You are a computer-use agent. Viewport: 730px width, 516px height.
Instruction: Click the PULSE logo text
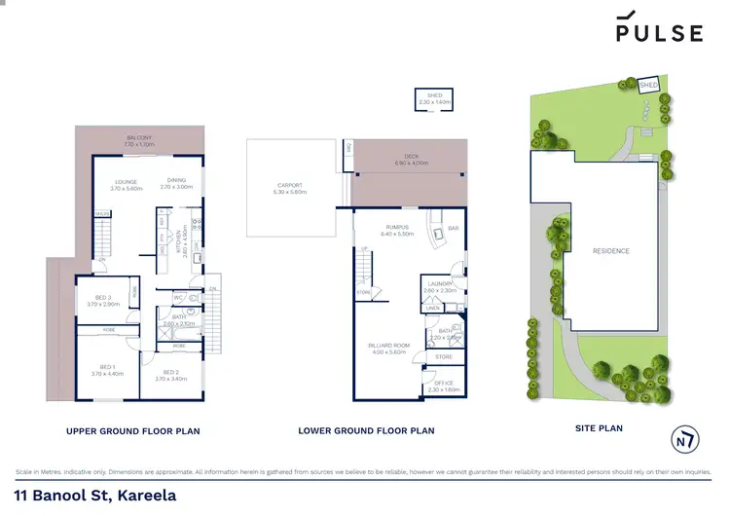(659, 32)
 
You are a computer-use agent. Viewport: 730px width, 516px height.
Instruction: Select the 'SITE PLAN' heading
(599, 427)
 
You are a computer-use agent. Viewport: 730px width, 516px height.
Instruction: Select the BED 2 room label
(169, 372)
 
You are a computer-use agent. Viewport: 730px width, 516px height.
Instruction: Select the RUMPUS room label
(399, 230)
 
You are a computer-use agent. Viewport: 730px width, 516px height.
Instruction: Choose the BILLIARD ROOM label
(386, 347)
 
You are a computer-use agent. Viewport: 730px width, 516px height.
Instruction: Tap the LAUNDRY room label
(439, 286)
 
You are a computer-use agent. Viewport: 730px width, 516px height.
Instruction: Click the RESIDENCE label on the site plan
(611, 251)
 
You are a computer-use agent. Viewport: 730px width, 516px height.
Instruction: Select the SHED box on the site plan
(649, 86)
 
